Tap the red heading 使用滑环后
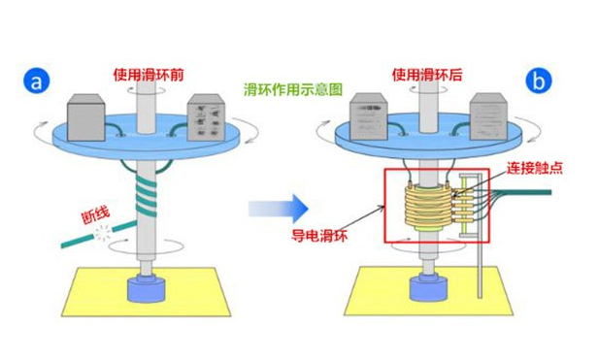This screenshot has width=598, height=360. (427, 73)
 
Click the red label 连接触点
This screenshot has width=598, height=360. (532, 168)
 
